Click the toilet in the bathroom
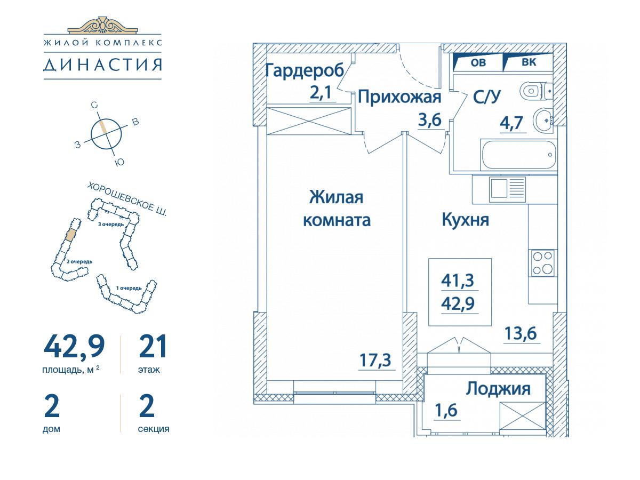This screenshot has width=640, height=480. pyautogui.click(x=535, y=91)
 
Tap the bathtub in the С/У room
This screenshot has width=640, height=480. pyautogui.click(x=518, y=155)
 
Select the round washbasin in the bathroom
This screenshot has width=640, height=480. pyautogui.click(x=543, y=120)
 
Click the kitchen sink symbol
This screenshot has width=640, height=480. pyautogui.click(x=507, y=189)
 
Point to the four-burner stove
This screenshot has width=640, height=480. pyautogui.click(x=542, y=263)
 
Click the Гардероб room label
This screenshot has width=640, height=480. pyautogui.click(x=305, y=70)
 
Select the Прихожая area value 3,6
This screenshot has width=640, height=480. pyautogui.click(x=430, y=120)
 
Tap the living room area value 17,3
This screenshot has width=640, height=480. pyautogui.click(x=375, y=360)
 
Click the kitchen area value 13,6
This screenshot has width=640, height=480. pyautogui.click(x=521, y=333)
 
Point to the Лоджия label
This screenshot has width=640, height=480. pyautogui.click(x=498, y=389)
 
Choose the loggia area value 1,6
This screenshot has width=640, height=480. pyautogui.click(x=446, y=411)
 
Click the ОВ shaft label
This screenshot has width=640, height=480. pyautogui.click(x=478, y=62)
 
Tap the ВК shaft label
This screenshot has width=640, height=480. pyautogui.click(x=529, y=62)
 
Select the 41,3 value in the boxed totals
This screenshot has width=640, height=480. pyautogui.click(x=458, y=281)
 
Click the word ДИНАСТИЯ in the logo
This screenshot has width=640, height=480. pyautogui.click(x=102, y=65)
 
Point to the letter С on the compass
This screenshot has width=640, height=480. pyautogui.click(x=94, y=105)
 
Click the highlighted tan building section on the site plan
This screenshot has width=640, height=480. pyautogui.click(x=70, y=234)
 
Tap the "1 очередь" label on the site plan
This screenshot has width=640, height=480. pyautogui.click(x=129, y=288)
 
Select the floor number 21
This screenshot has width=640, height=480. pyautogui.click(x=153, y=346)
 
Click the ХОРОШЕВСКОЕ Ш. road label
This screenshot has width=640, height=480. pyautogui.click(x=127, y=199)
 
